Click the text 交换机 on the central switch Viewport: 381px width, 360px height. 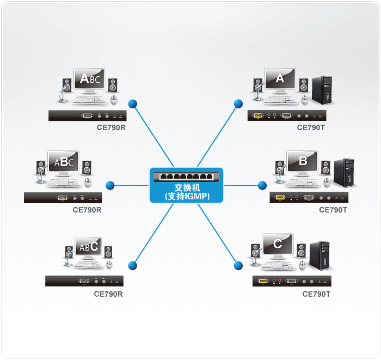(x=187, y=188)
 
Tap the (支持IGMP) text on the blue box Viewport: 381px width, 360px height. (x=187, y=197)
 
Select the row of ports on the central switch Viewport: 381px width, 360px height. (x=186, y=176)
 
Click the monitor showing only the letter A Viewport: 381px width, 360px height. (x=280, y=80)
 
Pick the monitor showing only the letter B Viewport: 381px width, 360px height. (x=302, y=162)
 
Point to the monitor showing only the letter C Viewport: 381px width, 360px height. (x=278, y=246)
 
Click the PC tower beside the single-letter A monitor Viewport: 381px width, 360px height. (x=322, y=90)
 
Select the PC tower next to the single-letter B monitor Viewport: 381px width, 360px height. (x=344, y=173)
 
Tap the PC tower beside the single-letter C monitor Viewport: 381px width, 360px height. (x=319, y=256)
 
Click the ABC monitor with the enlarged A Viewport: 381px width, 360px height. (x=89, y=80)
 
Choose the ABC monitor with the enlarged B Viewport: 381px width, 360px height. (x=63, y=162)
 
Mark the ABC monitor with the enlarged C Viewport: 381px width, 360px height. (x=88, y=248)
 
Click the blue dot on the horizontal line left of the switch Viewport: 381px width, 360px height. (x=110, y=186)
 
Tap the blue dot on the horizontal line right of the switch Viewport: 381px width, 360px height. (x=262, y=186)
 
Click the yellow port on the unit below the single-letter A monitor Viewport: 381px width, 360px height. (x=258, y=115)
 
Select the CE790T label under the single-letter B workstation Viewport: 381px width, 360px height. (x=333, y=210)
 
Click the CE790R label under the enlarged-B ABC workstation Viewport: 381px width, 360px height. (x=87, y=210)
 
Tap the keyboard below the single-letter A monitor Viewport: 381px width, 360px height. (x=281, y=100)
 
